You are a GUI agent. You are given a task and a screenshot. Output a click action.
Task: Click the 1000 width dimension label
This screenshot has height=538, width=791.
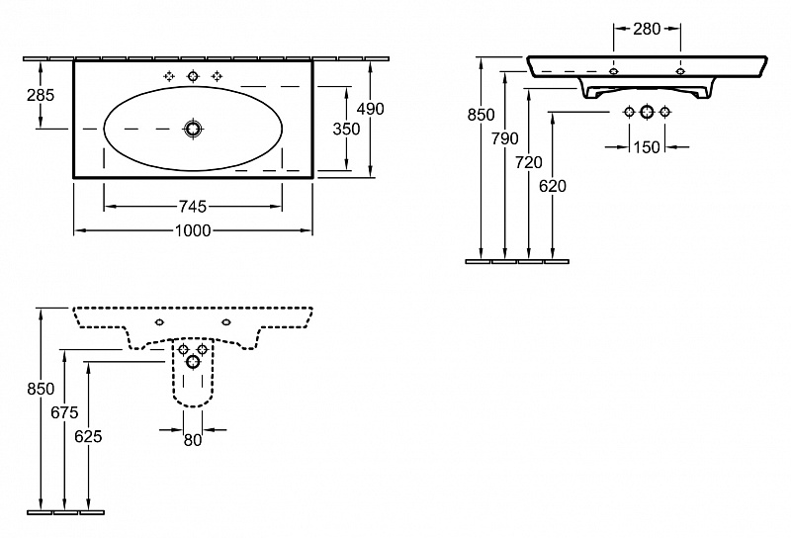[193, 230]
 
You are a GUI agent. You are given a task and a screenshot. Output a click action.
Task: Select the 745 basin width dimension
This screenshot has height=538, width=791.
[193, 207]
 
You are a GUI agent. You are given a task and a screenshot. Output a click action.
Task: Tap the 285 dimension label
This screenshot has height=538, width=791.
[41, 95]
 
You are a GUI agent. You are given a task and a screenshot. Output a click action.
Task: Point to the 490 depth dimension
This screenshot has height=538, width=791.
[370, 109]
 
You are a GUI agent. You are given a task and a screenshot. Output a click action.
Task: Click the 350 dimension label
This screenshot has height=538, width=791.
[347, 130]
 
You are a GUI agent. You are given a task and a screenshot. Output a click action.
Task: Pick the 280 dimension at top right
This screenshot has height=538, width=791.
[647, 29]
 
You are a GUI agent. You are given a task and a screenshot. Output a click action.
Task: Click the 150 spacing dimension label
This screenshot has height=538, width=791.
[647, 147]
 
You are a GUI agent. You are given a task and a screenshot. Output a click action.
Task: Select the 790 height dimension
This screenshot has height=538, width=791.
[505, 138]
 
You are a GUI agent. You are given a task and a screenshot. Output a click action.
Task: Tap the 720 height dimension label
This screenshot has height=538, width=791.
[529, 162]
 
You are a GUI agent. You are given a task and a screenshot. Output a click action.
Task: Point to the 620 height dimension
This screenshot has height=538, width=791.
[553, 186]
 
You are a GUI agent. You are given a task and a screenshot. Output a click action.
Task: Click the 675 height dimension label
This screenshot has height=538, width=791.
[64, 412]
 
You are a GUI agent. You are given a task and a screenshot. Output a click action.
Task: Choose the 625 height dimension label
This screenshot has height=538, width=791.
[88, 436]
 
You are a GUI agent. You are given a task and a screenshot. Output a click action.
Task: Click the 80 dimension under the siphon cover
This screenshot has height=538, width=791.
[193, 441]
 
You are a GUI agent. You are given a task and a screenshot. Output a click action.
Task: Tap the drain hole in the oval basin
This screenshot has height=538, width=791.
[193, 129]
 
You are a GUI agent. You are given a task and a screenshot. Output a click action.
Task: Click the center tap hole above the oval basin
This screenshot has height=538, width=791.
[193, 76]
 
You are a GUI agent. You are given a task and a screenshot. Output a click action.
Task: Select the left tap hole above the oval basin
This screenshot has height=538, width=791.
[169, 76]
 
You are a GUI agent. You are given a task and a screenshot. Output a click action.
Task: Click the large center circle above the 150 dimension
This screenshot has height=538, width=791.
[647, 112]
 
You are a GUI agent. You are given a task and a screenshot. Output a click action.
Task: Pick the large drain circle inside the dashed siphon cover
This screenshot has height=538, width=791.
[193, 361]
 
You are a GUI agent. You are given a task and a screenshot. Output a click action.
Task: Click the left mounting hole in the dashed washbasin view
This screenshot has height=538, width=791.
[159, 322]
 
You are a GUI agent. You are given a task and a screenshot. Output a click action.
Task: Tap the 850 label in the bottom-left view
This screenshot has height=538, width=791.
[41, 389]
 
